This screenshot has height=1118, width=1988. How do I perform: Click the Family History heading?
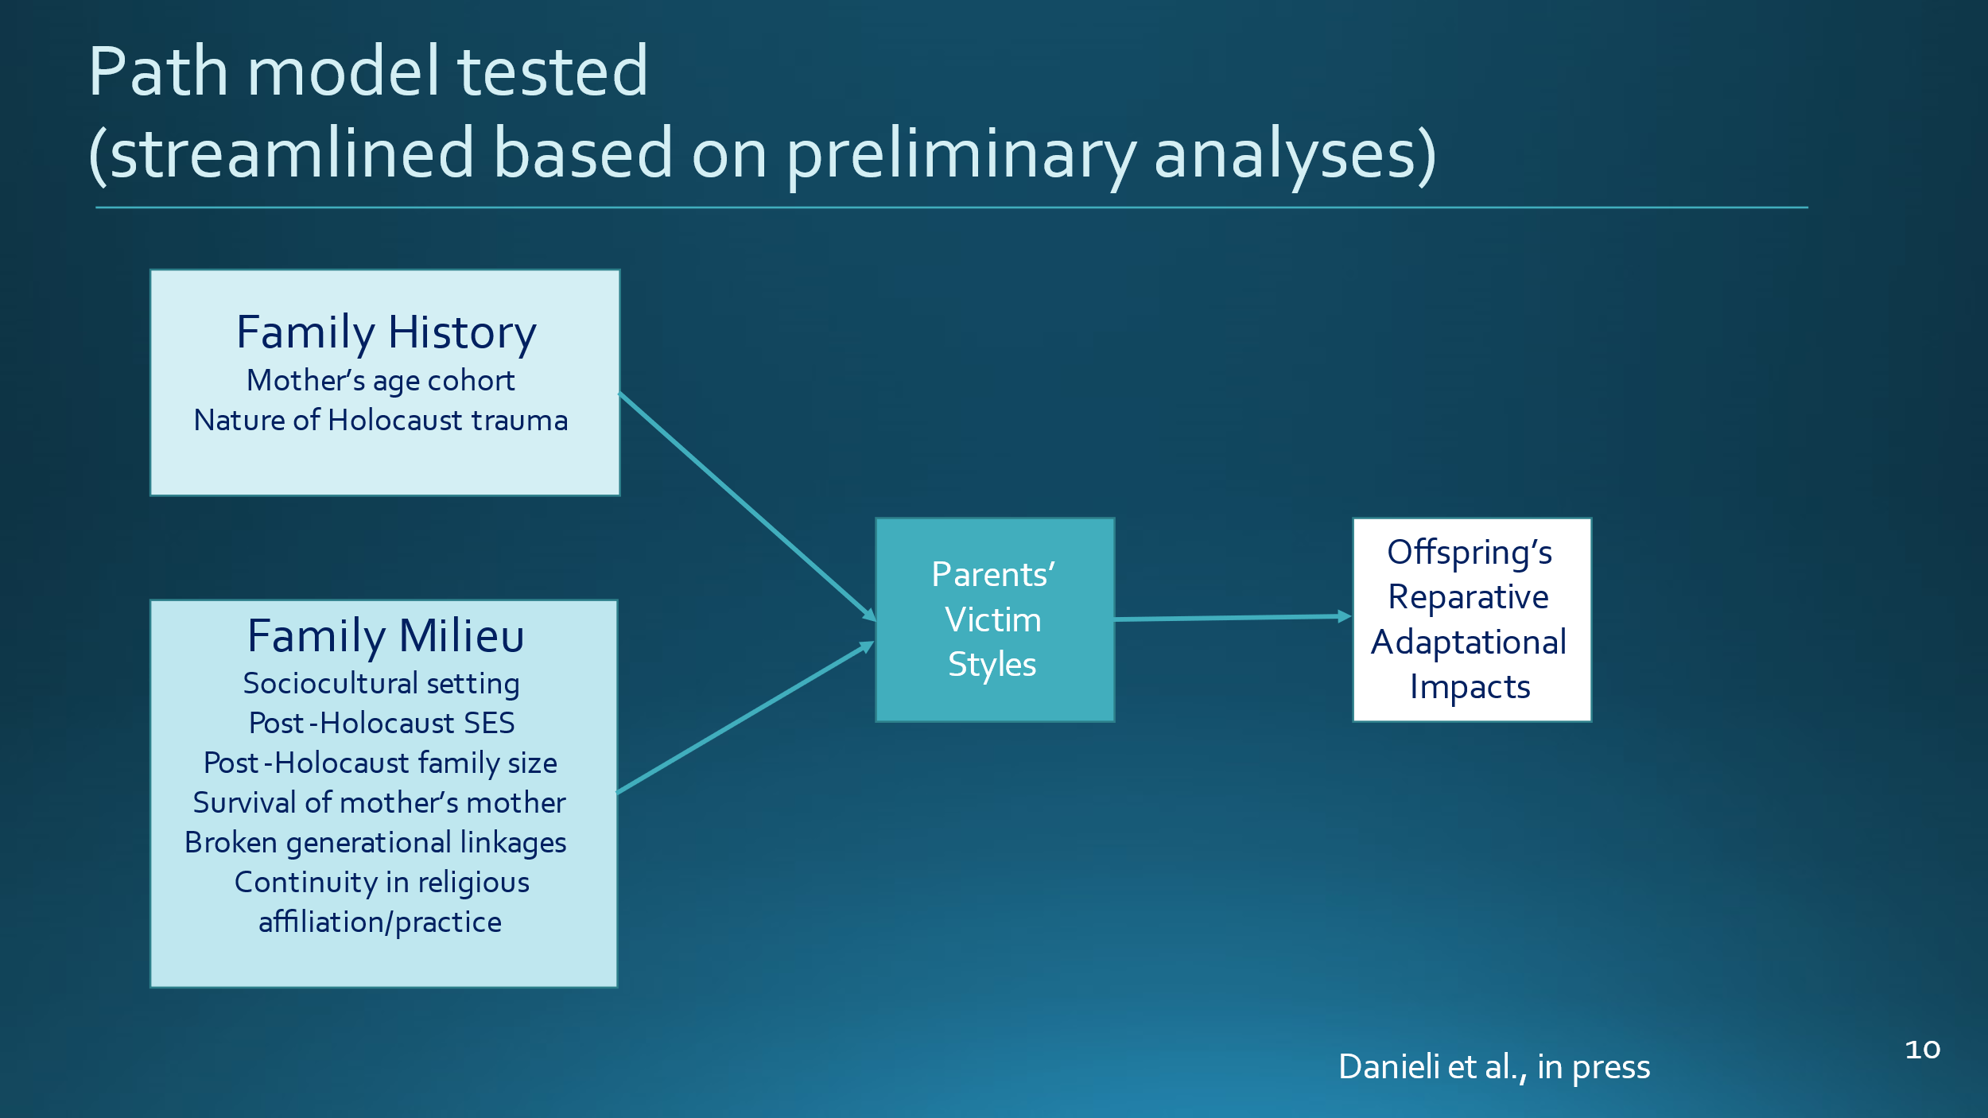pos(386,333)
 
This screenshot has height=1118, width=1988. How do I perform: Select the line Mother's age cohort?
pos(381,381)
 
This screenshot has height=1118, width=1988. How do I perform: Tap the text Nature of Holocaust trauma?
pos(381,420)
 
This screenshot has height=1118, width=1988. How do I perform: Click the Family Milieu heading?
pos(386,636)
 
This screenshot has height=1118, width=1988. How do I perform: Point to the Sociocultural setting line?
pos(382,684)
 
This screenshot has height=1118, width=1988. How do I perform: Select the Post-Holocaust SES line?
pos(382,723)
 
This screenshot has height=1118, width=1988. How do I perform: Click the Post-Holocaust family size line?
pos(381,763)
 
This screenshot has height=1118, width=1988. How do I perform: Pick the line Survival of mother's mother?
pos(379,802)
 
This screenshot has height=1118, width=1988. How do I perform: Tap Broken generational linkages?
pos(375,843)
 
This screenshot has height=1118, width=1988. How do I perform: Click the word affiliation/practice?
pos(380,922)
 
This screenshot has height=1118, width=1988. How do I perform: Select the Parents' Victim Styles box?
pos(995,620)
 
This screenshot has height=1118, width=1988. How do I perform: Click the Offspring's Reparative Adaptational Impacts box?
pos(1472,620)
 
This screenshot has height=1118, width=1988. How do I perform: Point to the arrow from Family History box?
pos(747,507)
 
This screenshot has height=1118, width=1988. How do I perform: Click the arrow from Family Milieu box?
pos(746,717)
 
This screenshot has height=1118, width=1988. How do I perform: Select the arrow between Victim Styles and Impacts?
pos(1233,618)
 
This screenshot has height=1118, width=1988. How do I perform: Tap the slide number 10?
pos(1923,1050)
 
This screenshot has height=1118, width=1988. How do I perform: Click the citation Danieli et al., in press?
pos(1494,1067)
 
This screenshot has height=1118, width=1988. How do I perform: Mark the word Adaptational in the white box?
pos(1469,642)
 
